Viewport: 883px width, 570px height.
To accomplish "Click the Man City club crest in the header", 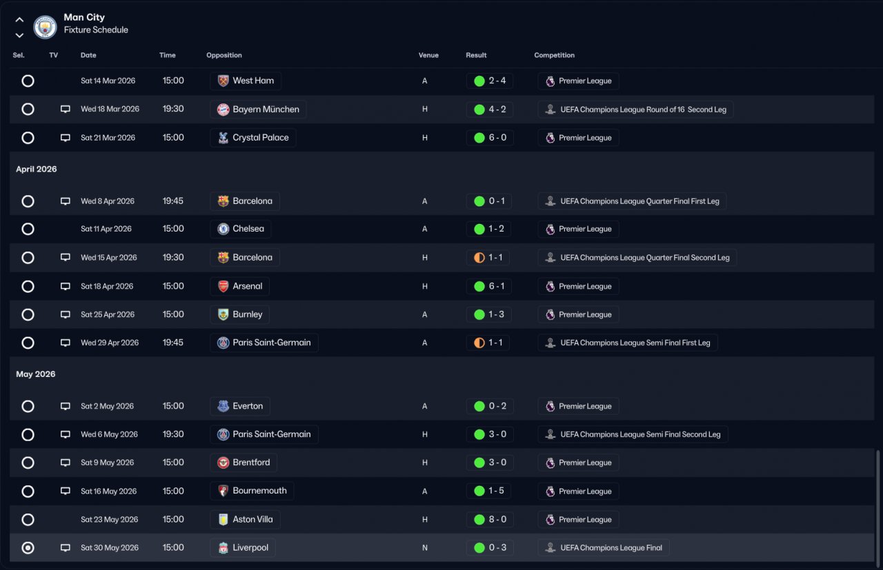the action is tap(45, 27).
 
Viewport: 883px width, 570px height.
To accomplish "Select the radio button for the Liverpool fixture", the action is tap(28, 547).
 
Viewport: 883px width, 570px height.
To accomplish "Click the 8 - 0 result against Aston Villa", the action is tap(497, 519).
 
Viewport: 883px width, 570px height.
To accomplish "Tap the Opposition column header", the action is tap(224, 55).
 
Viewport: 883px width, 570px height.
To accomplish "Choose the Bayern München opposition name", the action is tap(266, 109).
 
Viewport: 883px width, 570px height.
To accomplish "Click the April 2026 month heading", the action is tap(37, 169).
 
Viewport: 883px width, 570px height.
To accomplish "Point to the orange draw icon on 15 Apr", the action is tap(479, 258).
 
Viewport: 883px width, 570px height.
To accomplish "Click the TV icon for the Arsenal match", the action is tap(66, 286).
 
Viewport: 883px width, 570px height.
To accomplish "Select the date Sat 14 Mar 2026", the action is tap(108, 81).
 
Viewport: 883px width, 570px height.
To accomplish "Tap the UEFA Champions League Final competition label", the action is tap(611, 547).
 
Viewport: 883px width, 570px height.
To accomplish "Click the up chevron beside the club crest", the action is tap(19, 19).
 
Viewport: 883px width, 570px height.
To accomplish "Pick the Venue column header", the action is tap(428, 55).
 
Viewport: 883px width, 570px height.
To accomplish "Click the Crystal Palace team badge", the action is tap(223, 137).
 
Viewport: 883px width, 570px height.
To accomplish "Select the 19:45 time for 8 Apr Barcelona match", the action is tap(173, 201).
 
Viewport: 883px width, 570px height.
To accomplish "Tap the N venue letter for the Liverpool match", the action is tap(424, 547).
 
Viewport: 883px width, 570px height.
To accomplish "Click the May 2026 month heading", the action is tap(35, 374).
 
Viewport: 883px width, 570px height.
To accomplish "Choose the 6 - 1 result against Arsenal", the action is tap(497, 286).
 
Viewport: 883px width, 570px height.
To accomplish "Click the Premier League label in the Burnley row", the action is tap(585, 314).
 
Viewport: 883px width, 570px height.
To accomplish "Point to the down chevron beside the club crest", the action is tap(19, 35).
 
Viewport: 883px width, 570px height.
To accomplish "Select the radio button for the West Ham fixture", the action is tap(28, 81).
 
